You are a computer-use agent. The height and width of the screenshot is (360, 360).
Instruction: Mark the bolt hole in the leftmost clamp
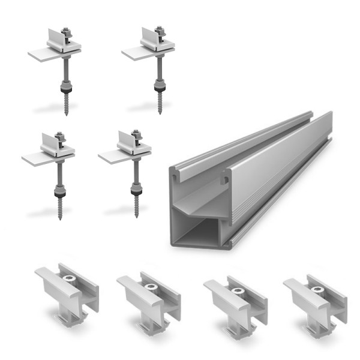69,279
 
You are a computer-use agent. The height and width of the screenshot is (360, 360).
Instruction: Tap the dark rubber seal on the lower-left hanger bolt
59,193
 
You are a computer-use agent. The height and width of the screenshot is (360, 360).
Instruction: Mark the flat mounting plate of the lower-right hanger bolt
114,157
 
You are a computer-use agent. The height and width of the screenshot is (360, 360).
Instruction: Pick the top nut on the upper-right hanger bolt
158,29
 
